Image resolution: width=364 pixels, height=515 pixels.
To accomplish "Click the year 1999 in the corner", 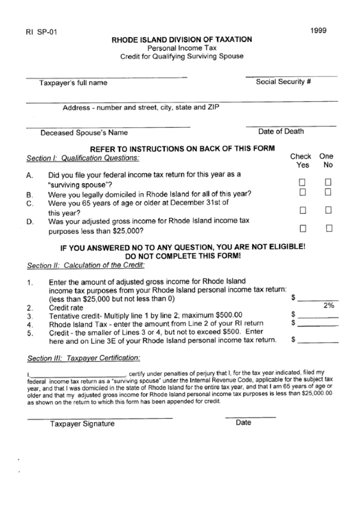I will (319, 31).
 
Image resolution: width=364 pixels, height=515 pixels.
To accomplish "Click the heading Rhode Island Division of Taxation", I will (181, 41).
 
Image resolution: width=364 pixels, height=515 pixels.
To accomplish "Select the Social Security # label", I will (284, 82).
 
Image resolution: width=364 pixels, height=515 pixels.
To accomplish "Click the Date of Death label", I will (282, 131).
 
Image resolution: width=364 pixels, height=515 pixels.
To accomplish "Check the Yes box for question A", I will (302, 182).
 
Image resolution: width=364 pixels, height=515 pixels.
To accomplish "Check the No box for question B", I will (328, 193).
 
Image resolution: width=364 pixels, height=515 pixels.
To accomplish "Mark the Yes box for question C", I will (302, 209).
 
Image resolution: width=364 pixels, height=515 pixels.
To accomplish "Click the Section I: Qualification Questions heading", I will (82, 157).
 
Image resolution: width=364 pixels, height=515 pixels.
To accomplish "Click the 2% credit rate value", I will (328, 305).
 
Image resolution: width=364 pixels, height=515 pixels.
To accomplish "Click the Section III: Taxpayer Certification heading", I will (83, 358).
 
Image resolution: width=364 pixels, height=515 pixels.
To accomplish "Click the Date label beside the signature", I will (244, 423).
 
